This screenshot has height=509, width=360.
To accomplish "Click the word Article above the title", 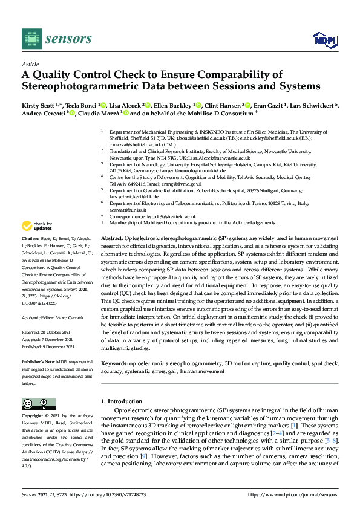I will (30, 63).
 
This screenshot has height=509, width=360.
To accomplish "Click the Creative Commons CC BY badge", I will (34, 403).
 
